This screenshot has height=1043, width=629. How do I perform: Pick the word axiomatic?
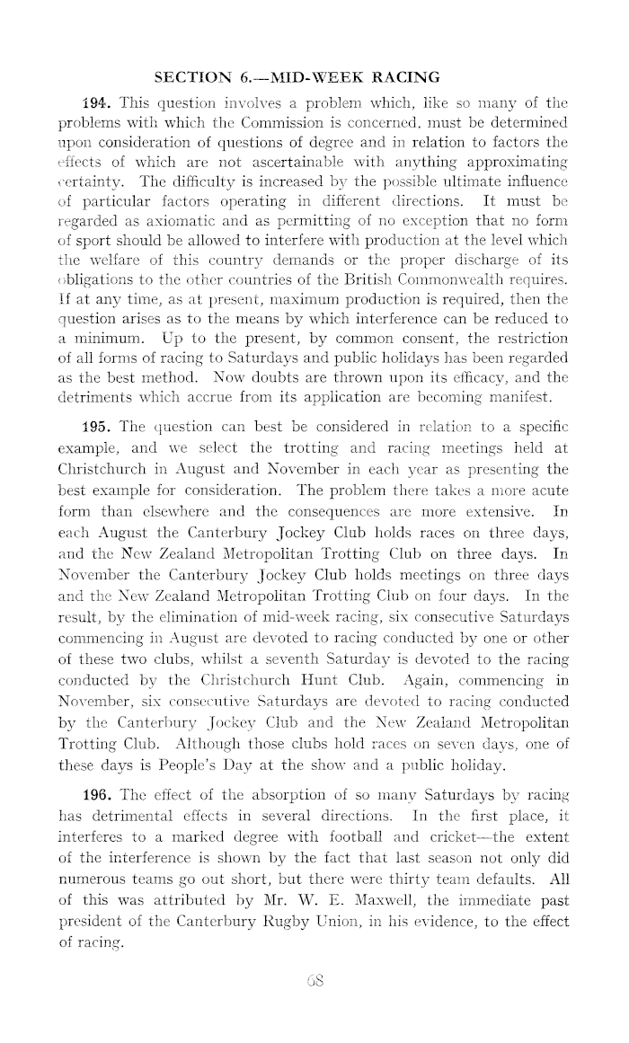(x=190, y=220)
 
